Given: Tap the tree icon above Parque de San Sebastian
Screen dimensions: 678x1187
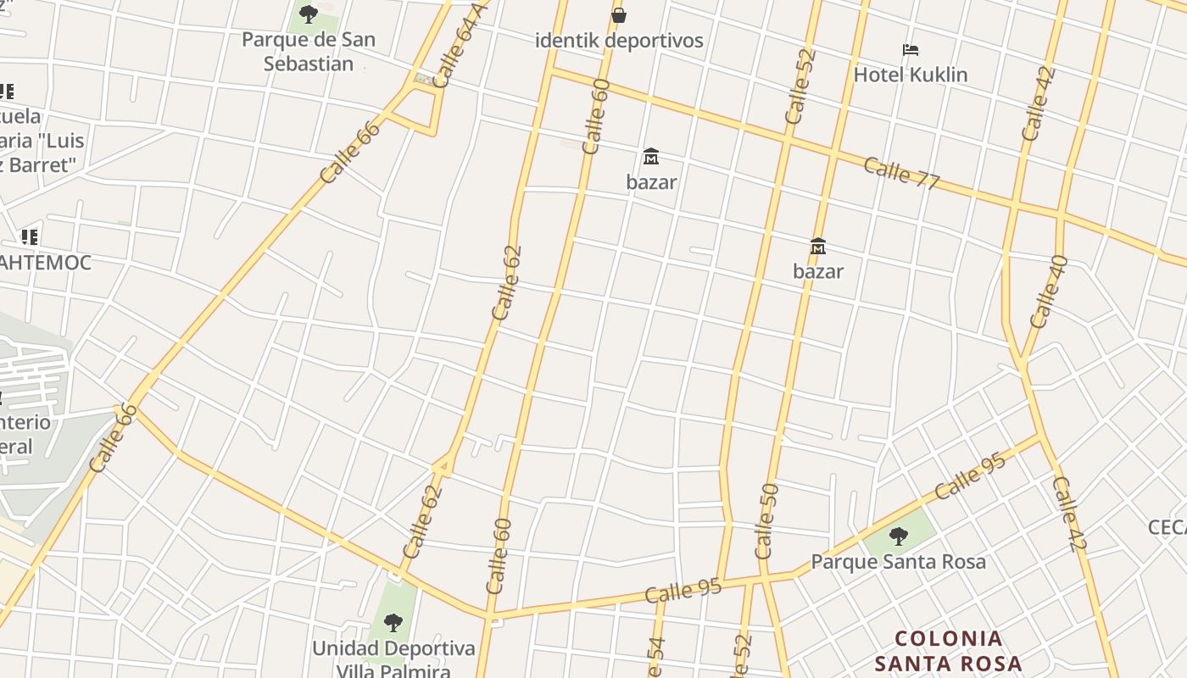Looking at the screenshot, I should click(x=309, y=14).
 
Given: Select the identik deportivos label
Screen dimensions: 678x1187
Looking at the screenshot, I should click(x=619, y=40).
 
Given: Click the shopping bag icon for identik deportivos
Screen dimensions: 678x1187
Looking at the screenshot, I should click(x=619, y=14).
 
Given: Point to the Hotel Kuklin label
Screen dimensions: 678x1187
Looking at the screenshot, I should click(x=910, y=75).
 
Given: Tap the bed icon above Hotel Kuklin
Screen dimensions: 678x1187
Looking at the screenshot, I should click(x=911, y=50).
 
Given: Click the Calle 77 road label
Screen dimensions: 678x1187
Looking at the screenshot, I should click(x=901, y=173).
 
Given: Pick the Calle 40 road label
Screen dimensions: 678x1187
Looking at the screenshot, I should click(x=1048, y=292).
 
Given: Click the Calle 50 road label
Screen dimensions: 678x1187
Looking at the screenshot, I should click(x=766, y=520).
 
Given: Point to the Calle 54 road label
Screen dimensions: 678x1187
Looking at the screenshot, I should click(x=655, y=658).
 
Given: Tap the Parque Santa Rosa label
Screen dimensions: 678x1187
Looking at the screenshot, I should click(x=898, y=561).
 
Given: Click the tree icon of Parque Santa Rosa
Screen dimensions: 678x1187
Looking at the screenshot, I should click(x=898, y=536).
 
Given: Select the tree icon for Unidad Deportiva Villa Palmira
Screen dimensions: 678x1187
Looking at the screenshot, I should click(x=393, y=624).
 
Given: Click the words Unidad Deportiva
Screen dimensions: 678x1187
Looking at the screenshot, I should click(x=393, y=648).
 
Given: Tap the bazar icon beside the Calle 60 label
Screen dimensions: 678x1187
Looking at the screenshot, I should click(x=651, y=157).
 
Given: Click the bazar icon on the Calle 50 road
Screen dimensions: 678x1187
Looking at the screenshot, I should click(x=818, y=247).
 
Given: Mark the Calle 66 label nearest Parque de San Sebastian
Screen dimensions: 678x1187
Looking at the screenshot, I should click(x=350, y=152).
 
